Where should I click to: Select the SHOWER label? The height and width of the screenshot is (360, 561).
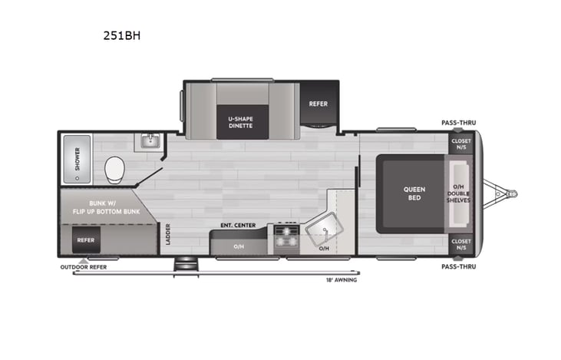click(76, 159)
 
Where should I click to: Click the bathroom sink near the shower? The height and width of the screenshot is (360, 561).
click(148, 141)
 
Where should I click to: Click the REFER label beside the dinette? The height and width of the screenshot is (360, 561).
click(318, 104)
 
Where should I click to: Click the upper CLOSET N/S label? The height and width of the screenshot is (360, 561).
click(461, 144)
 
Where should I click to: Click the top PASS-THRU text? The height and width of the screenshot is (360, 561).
click(457, 123)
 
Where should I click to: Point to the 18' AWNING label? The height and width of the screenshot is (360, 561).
click(341, 279)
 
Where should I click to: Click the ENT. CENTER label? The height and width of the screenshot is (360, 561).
click(237, 225)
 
